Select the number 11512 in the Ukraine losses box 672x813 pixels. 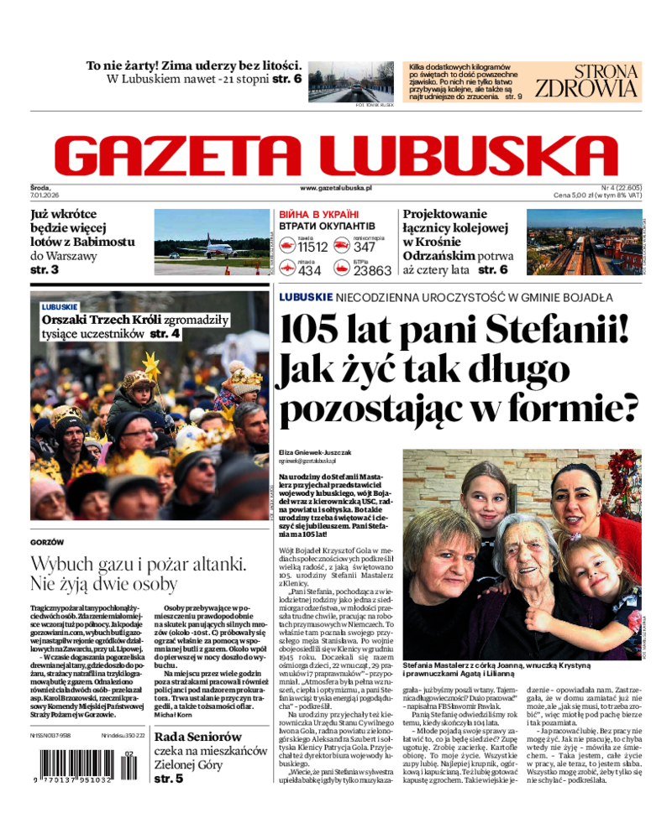coord(312,247)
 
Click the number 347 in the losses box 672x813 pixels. coord(365,247)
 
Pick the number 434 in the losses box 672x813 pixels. coord(309,270)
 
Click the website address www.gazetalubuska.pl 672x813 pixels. coord(335,189)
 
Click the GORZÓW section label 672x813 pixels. coord(47,543)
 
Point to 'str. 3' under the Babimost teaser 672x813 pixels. coord(45,270)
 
